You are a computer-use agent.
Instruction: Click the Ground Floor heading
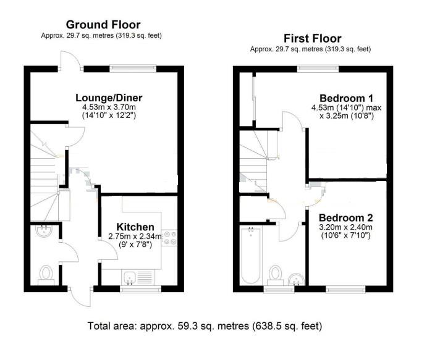(x=103, y=25)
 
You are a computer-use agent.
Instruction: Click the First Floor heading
(x=312, y=38)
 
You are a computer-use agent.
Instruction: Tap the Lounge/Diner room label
(x=109, y=98)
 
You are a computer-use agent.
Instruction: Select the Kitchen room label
(x=135, y=227)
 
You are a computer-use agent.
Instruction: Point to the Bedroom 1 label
(x=347, y=98)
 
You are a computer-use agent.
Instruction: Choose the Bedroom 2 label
(x=346, y=218)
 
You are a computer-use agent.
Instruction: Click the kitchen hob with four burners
(x=169, y=238)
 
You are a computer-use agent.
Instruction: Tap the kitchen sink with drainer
(x=138, y=277)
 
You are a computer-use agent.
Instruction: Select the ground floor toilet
(x=46, y=275)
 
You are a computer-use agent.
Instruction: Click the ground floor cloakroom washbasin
(x=44, y=232)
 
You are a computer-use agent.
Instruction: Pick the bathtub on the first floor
(x=251, y=255)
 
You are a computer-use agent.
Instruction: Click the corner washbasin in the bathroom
(x=297, y=280)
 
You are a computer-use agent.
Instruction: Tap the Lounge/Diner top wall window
(x=133, y=69)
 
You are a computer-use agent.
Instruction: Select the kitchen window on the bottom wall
(x=140, y=289)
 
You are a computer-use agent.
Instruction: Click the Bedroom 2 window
(x=345, y=289)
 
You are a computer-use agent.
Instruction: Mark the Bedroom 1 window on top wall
(x=318, y=69)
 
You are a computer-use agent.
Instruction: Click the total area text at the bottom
(x=205, y=325)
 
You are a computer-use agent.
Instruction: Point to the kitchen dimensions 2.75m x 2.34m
(x=135, y=236)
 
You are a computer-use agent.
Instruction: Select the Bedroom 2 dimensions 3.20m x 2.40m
(x=345, y=227)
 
